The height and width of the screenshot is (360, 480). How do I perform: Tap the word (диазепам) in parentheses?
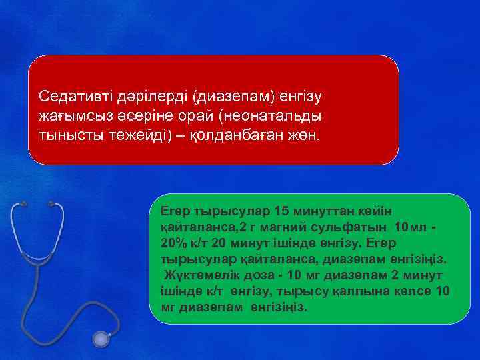click(233, 97)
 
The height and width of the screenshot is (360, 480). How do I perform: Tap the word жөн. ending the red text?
click(303, 134)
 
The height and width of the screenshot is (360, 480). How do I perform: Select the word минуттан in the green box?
click(335, 211)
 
